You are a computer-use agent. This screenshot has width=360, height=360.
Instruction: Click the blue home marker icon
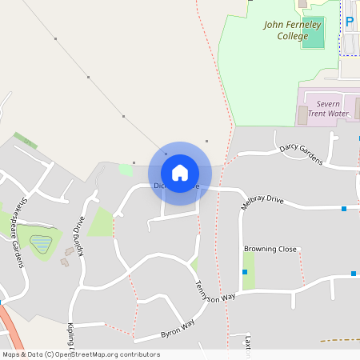pos(180,173)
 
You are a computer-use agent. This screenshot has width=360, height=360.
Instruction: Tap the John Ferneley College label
pos(292,30)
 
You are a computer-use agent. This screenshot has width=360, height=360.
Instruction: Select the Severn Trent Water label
pos(328,108)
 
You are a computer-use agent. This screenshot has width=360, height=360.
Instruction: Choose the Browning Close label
pos(270,249)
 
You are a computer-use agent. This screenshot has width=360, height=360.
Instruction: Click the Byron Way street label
pos(177,327)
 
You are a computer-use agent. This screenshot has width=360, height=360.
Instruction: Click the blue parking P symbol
pos(349,22)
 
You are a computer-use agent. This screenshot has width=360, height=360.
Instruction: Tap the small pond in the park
pos(41,243)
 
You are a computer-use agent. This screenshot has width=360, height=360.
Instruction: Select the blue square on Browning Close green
pos(245,273)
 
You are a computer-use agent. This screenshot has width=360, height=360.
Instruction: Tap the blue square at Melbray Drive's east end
pos(344,209)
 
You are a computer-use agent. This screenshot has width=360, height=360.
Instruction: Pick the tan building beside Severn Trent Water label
pos(302,114)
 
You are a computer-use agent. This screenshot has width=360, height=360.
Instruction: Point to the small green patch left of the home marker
pos(126,170)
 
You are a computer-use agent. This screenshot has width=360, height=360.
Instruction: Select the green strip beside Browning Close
pos(249,270)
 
